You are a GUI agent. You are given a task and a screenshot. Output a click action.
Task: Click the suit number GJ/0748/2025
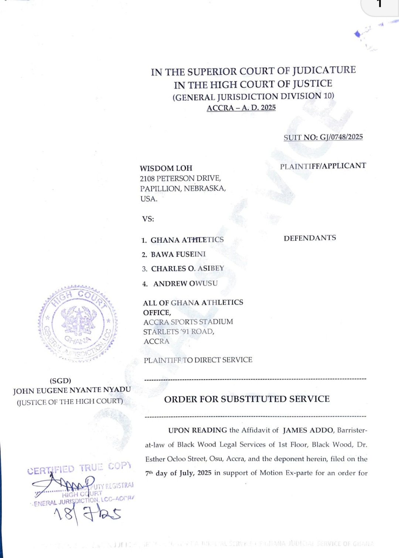click(341, 137)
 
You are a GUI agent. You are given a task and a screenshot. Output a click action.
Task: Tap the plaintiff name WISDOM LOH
click(166, 168)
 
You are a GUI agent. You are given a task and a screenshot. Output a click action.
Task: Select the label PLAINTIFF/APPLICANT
click(323, 166)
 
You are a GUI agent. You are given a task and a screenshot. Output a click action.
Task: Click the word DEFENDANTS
click(310, 238)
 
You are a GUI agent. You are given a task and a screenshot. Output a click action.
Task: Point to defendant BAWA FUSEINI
click(178, 254)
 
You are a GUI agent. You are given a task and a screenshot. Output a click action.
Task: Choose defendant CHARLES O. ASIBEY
click(187, 268)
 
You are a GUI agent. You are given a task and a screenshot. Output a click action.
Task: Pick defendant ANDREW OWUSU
click(185, 283)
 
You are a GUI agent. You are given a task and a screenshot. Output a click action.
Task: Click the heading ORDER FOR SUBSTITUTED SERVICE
click(247, 399)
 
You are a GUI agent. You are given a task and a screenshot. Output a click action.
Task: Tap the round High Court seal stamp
click(78, 324)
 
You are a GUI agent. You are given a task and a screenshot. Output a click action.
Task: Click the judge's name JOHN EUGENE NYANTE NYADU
click(72, 390)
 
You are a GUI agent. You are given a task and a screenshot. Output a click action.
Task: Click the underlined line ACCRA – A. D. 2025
click(241, 108)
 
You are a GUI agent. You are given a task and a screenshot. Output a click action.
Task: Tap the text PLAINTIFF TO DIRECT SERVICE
click(198, 360)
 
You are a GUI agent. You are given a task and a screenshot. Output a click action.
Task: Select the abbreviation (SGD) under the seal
click(60, 381)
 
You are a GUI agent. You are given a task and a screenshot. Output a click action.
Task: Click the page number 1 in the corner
click(379, 4)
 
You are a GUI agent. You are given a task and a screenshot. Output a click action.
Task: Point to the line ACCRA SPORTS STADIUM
click(188, 322)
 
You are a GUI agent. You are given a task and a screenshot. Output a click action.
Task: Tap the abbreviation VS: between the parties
click(148, 219)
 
